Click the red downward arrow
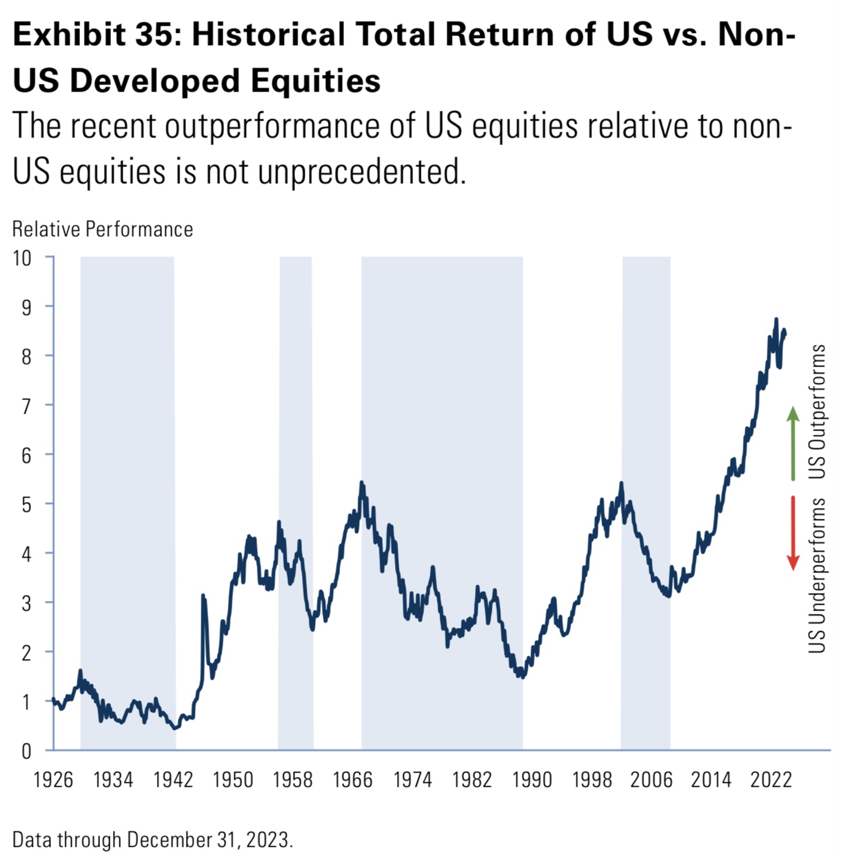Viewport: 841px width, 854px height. click(x=793, y=533)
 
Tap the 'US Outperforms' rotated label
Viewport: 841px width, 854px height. click(x=818, y=412)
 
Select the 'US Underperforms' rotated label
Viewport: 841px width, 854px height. click(x=818, y=575)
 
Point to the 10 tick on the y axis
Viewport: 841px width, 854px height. click(x=22, y=258)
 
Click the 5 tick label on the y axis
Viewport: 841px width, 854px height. click(x=26, y=504)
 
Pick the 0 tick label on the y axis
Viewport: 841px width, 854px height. click(x=26, y=751)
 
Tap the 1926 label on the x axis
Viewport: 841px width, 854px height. click(x=53, y=780)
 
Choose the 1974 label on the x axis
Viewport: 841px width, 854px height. click(x=412, y=780)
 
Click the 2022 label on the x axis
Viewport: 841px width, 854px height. click(x=771, y=780)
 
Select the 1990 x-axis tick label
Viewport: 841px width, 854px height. click(x=532, y=780)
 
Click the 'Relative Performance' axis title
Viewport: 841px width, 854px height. click(x=103, y=229)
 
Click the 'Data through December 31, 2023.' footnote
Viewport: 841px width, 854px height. click(x=152, y=840)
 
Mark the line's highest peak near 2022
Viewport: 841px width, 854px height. click(x=776, y=320)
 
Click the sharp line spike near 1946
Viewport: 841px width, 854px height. click(x=203, y=596)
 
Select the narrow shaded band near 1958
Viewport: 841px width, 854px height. click(x=296, y=503)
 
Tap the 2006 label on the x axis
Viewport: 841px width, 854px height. click(x=651, y=780)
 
